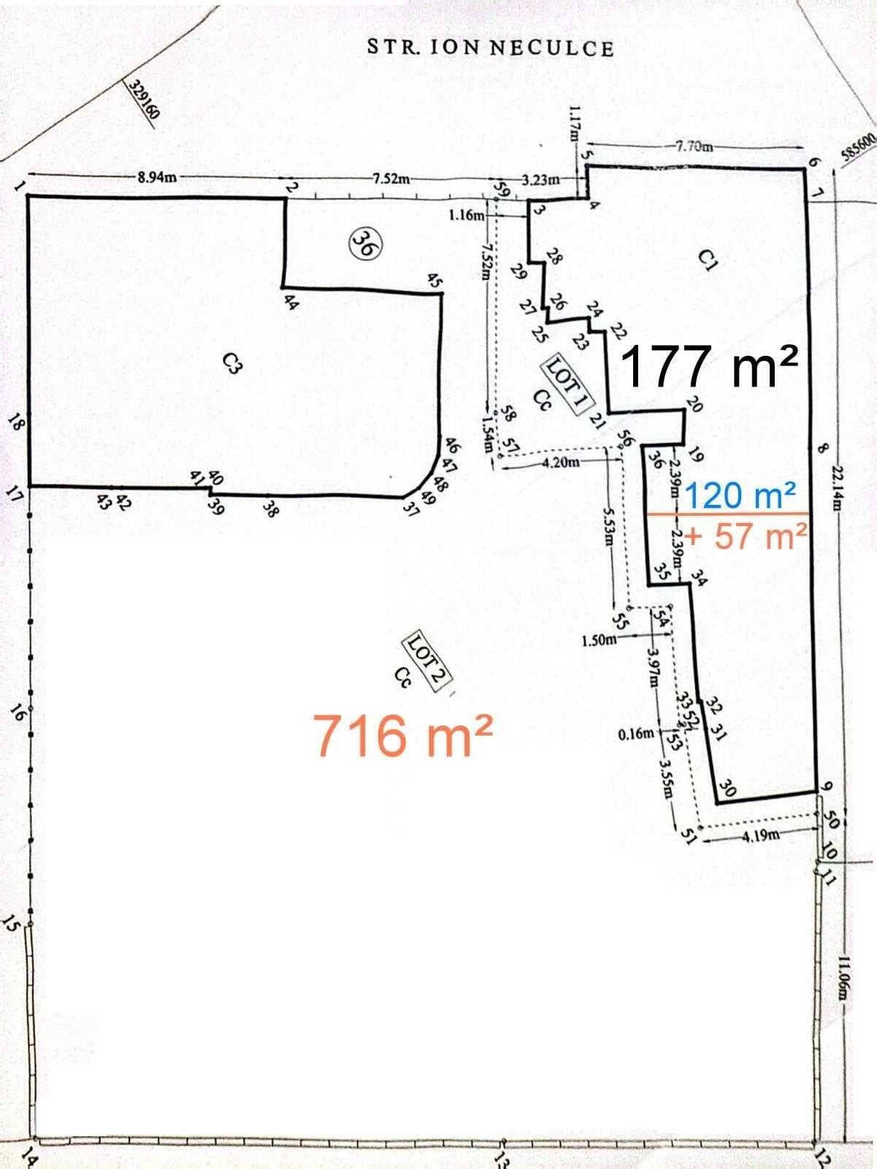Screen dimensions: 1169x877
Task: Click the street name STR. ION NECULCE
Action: click(490, 48)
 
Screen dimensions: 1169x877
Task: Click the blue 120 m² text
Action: click(739, 497)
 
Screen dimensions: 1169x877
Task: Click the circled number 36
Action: click(363, 242)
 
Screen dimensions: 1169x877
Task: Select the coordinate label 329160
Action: click(144, 102)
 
